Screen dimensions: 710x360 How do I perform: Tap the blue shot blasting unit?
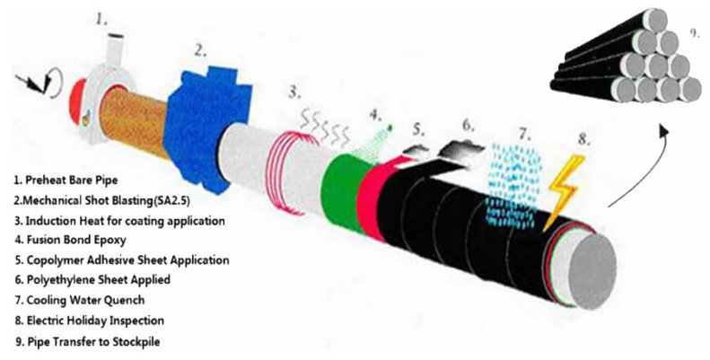(206, 129)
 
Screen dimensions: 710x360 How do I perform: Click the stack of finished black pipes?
(626, 57)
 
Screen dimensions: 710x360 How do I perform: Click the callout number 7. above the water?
(525, 134)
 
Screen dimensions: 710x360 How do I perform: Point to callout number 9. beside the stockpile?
(694, 32)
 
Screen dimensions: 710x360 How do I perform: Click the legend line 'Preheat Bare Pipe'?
(66, 180)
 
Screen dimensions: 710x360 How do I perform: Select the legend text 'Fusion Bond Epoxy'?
(70, 240)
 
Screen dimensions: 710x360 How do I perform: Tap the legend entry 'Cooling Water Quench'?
(80, 300)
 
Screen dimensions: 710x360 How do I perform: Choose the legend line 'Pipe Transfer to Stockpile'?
(87, 341)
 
